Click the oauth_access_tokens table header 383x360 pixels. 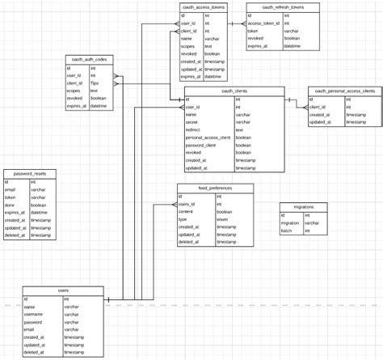coord(203,6)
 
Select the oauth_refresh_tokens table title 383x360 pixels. coord(282,6)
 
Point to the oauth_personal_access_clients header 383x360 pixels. coord(344,91)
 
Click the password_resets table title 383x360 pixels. coord(30,174)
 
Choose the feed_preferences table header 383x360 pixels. coord(215,188)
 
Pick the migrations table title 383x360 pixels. coord(303,207)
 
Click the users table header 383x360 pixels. coord(63,290)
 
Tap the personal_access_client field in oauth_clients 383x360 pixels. coord(208,138)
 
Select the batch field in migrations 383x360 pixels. coord(286,231)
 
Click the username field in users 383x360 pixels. coord(35,315)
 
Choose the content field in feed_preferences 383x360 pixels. coord(187,211)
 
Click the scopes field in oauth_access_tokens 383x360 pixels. coord(187,46)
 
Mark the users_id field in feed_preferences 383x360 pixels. coord(187,204)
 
